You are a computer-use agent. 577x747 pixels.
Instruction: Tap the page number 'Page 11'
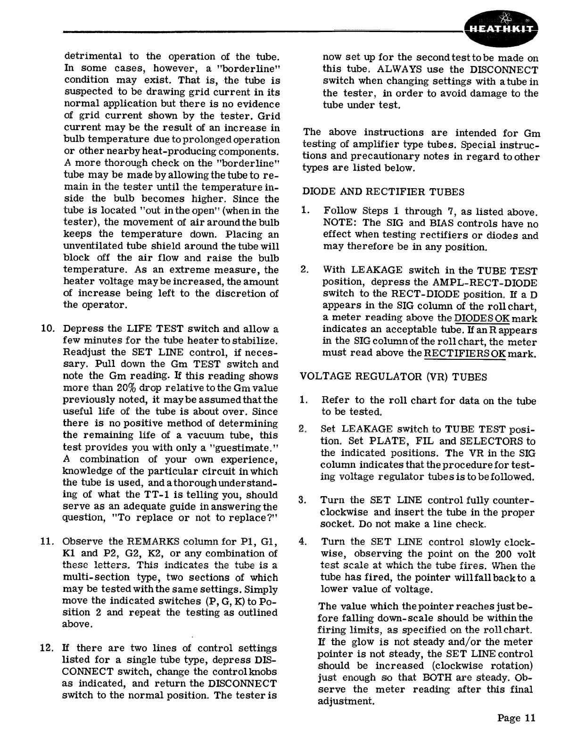516,718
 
